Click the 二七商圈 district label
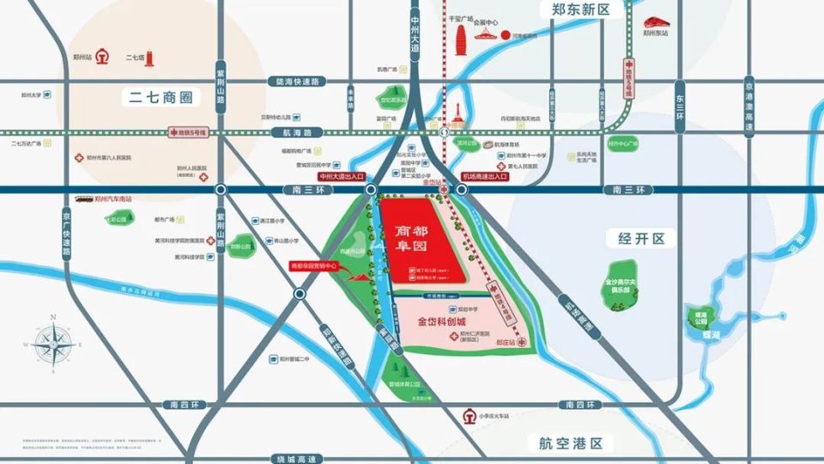tap(161, 97)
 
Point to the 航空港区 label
tap(572, 443)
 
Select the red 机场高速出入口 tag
tap(485, 176)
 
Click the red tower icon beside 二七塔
tap(150, 57)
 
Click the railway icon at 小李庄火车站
tap(469, 417)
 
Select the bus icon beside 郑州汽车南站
tap(83, 198)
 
